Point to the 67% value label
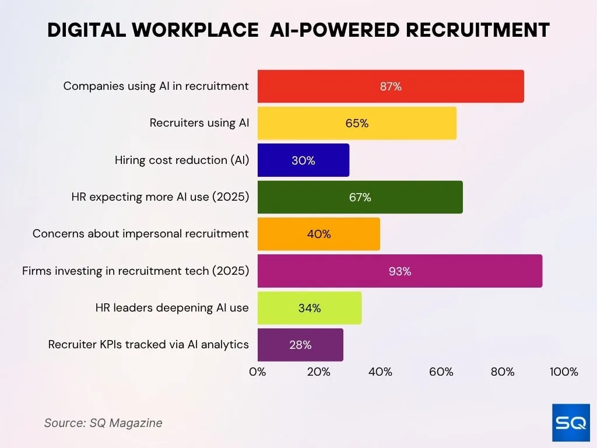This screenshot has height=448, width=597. tap(360, 197)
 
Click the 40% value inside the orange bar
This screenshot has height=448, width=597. tap(318, 235)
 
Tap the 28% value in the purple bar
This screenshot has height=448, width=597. tap(300, 345)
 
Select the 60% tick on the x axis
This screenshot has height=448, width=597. tap(441, 372)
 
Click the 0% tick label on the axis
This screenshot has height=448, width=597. tap(257, 372)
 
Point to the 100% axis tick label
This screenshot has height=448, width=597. tap(564, 372)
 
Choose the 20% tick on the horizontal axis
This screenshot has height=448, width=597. tap(318, 372)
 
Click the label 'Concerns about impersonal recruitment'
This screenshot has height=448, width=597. tap(141, 234)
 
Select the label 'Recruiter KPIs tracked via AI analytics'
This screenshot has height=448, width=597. tap(149, 345)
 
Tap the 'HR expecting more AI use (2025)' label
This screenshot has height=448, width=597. tap(160, 197)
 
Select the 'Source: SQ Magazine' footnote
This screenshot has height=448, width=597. tap(103, 423)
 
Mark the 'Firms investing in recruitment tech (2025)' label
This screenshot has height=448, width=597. tap(135, 271)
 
